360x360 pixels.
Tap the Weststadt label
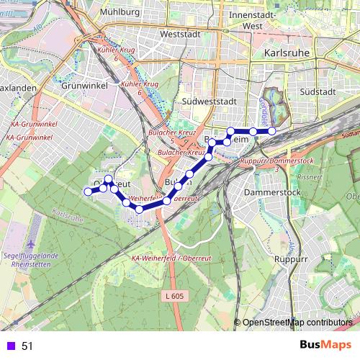(179, 34)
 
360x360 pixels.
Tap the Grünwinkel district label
(84, 84)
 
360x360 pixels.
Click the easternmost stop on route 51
(271, 130)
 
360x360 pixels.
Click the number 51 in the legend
(27, 346)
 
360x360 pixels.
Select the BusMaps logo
(325, 346)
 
